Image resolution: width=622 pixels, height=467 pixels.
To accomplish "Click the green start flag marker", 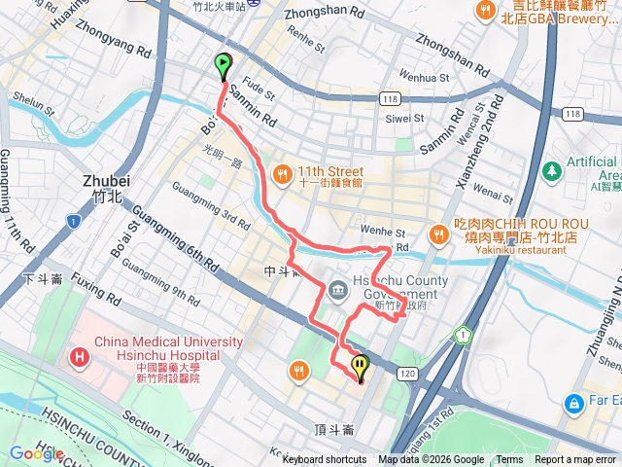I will (x=224, y=66).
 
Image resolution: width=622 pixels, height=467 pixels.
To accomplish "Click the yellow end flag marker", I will (x=361, y=367).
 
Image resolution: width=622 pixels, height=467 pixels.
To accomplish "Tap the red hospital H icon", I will (x=79, y=358).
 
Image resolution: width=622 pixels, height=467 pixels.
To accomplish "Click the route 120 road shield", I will (x=407, y=373).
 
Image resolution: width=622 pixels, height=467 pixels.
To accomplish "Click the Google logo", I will (x=36, y=453).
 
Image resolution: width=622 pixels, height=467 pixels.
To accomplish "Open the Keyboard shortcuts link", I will (x=325, y=460).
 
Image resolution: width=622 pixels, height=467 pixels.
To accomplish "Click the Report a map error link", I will (x=576, y=460).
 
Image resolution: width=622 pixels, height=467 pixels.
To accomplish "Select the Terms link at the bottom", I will (x=509, y=460).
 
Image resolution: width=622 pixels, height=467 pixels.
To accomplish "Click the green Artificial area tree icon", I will (x=552, y=170).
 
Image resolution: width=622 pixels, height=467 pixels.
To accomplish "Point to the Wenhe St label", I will (x=385, y=233).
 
